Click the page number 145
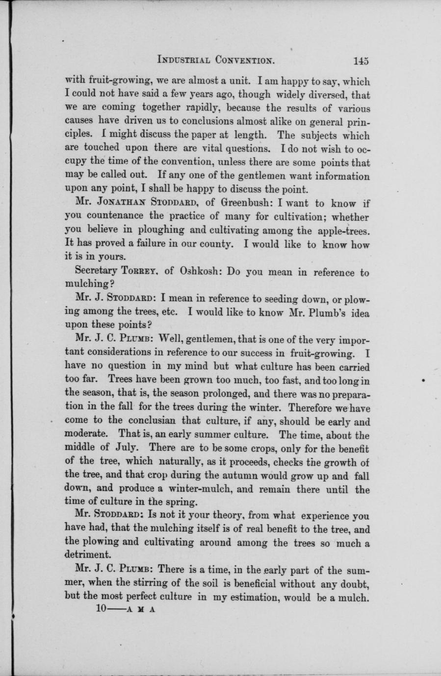tap(360, 61)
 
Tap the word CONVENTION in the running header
tap(244, 61)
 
